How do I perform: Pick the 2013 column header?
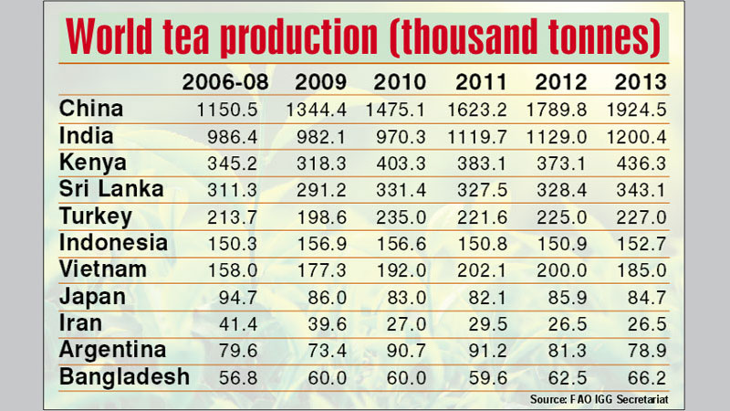[638, 81]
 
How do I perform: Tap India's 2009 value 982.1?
[320, 137]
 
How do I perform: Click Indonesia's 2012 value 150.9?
[557, 245]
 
